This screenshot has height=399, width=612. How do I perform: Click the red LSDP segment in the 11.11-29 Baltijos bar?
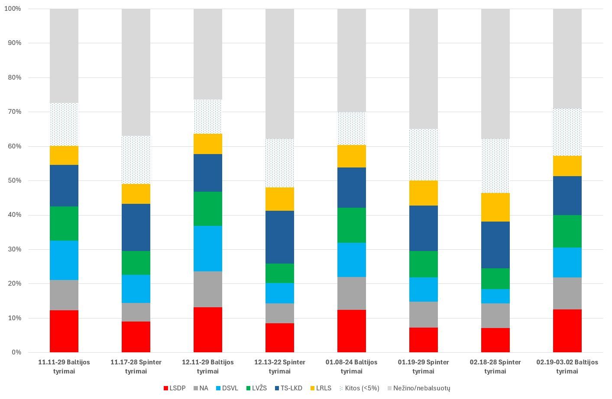coord(64,331)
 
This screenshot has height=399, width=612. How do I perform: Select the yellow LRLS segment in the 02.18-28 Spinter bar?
coord(495,207)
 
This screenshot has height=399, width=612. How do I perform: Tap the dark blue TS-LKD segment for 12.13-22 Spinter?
coord(280,237)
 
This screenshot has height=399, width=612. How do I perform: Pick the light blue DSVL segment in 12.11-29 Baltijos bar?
coord(208,248)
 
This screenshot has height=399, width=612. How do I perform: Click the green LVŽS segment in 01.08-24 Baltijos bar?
coord(352,225)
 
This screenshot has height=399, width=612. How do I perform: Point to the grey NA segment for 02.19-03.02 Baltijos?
coord(567,293)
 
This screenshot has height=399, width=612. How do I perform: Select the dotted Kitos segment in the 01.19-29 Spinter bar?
coord(424,154)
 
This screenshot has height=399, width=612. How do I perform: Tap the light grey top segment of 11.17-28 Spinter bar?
coord(136,72)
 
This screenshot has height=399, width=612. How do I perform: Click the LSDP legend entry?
coord(174,388)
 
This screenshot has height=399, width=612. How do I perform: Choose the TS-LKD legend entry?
coord(288,388)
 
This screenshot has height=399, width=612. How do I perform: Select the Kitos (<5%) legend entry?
coord(359,388)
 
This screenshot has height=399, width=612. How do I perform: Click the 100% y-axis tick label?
coord(13,9)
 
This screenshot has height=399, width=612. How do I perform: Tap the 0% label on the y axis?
coord(16,352)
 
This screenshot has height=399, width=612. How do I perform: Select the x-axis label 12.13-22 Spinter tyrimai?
coord(280,367)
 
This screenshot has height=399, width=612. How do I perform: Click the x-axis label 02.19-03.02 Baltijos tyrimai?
coord(567,367)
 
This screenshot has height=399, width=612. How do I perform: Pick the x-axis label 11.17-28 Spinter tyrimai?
coord(136,367)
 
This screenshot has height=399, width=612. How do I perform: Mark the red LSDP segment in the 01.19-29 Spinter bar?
coord(424,340)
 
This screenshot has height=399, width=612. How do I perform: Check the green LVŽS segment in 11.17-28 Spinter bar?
coord(136,263)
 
